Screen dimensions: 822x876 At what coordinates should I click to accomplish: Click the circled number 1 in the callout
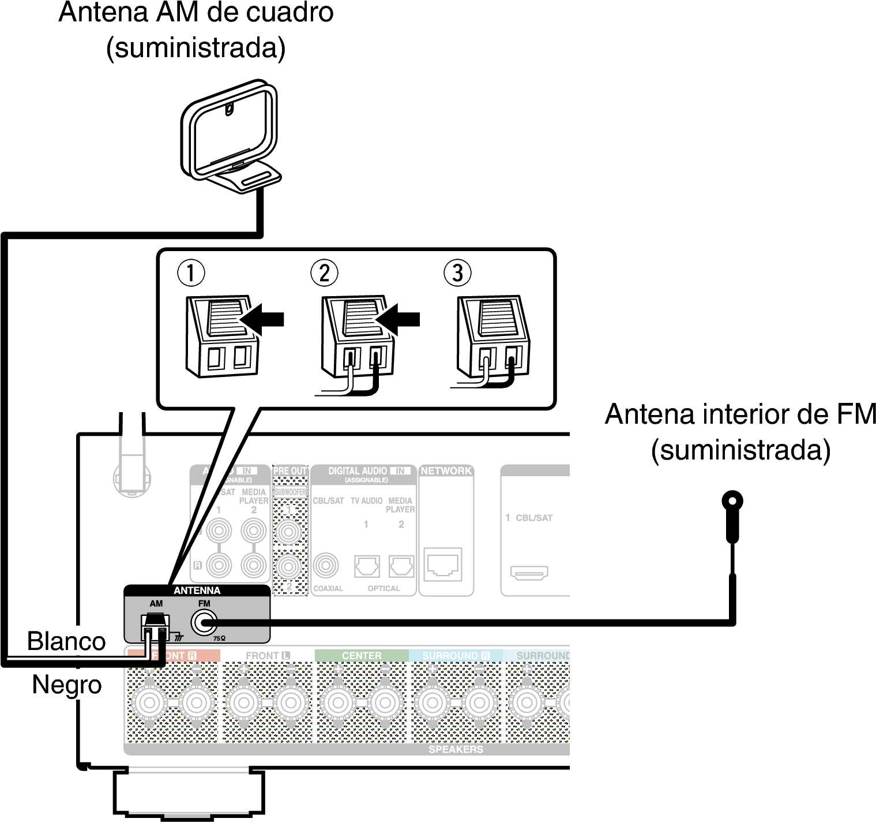191,273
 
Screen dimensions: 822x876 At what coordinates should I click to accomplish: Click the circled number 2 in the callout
324,273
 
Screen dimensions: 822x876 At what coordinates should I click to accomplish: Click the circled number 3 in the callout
457,273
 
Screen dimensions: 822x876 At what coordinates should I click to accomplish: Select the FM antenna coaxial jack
204,623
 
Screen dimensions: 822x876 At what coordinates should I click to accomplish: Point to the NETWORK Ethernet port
443,565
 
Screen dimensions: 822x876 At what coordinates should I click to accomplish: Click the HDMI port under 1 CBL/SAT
529,573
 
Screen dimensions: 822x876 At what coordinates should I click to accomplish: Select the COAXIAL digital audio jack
326,566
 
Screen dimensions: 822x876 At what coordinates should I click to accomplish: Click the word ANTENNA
197,591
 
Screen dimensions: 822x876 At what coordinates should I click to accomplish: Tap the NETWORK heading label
446,471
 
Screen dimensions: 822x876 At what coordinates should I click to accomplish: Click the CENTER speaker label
362,656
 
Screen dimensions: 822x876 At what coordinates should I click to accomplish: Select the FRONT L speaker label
268,656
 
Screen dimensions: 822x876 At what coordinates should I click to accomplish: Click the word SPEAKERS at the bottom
456,749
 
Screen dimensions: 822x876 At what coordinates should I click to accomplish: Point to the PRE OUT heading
290,471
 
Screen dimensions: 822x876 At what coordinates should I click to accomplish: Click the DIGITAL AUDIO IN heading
363,471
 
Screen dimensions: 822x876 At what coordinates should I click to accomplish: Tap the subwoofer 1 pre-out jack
288,530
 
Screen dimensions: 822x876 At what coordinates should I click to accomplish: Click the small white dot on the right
732,501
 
